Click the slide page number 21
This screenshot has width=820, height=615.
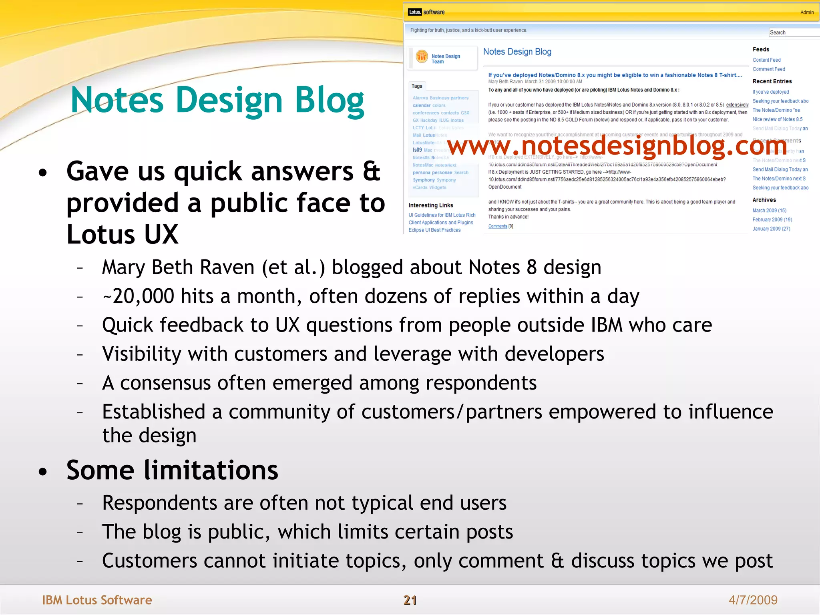[410, 600]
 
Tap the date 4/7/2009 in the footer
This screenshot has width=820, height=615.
[753, 600]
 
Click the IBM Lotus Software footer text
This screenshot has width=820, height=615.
[97, 600]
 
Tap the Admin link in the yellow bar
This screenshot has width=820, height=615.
[807, 12]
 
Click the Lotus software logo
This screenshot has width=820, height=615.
[426, 12]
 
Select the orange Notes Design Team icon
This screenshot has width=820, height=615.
[422, 57]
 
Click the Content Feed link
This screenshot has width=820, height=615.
[766, 60]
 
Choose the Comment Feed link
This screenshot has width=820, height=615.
[769, 69]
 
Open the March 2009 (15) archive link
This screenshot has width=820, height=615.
[769, 211]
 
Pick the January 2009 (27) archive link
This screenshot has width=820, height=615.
[771, 229]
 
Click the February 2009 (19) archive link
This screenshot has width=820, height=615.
[772, 220]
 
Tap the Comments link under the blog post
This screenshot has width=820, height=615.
[498, 226]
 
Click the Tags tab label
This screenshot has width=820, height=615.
[417, 86]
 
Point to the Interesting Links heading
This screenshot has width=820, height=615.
[431, 205]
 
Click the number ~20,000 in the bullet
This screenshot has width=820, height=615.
[138, 296]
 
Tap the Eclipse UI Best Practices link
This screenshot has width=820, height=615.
[434, 230]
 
